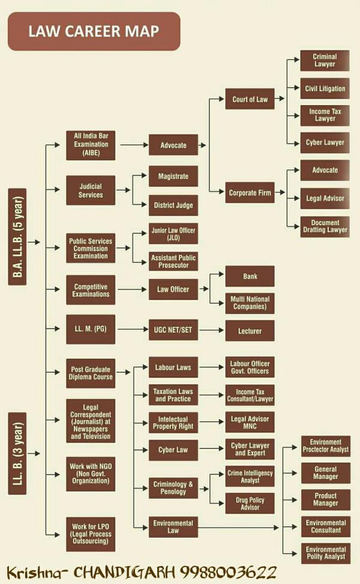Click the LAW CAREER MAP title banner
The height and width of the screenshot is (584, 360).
[94, 31]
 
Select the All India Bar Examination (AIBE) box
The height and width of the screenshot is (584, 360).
[91, 145]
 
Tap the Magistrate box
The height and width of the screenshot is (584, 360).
[173, 176]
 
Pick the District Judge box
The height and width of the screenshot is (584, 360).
[173, 205]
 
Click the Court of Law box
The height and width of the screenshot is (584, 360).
[250, 99]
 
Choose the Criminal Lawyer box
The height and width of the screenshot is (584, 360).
[325, 61]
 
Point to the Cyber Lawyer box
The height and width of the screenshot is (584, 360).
[325, 143]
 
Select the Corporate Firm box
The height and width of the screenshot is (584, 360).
[250, 193]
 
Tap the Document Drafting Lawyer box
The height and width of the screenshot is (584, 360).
[325, 226]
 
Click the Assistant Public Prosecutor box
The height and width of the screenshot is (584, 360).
[173, 262]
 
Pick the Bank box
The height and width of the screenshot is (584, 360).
[250, 276]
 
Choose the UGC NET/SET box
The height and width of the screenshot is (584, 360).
[173, 330]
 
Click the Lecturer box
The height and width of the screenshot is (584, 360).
[250, 331]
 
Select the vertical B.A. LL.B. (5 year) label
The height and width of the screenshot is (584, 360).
[17, 237]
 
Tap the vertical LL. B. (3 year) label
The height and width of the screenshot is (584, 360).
[17, 454]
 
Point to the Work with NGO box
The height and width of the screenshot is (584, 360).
[91, 474]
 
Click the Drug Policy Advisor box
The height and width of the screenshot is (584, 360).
[250, 504]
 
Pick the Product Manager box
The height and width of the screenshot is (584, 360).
[326, 499]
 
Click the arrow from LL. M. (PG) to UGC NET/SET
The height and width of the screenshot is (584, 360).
[133, 329]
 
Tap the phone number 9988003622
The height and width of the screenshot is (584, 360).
[229, 573]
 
